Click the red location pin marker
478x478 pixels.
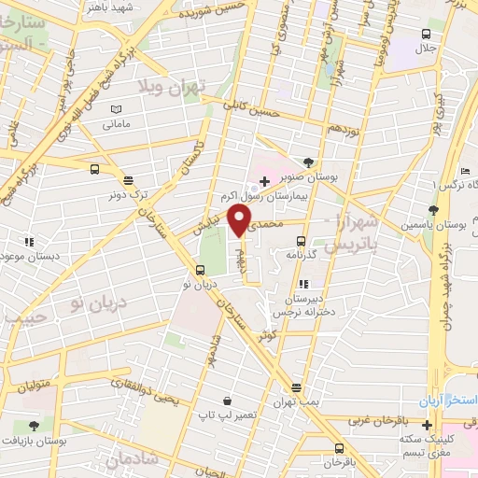[x=241, y=220]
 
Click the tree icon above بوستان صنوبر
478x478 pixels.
[x=309, y=162]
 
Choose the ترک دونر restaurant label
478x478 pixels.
[x=127, y=193]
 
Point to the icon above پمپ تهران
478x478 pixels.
[x=297, y=387]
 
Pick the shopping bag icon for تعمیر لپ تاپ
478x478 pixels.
[x=225, y=401]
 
